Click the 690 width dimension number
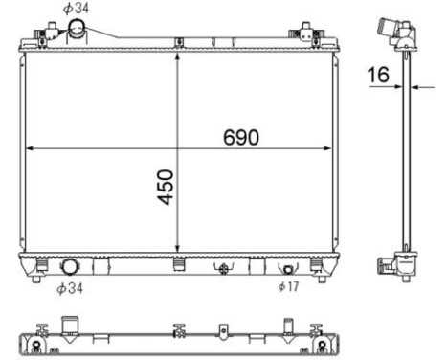pyautogui.click(x=241, y=137)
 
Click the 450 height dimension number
pyautogui.click(x=166, y=187)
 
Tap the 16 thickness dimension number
pyautogui.click(x=378, y=75)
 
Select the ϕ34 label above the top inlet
pyautogui.click(x=76, y=9)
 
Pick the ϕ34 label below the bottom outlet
pyautogui.click(x=70, y=288)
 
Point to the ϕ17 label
pyautogui.click(x=289, y=286)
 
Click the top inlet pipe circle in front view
pyautogui.click(x=77, y=28)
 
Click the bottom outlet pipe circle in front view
pyautogui.click(x=69, y=267)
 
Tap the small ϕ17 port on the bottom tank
pyautogui.click(x=288, y=270)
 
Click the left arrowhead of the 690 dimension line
pyautogui.click(x=30, y=148)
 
